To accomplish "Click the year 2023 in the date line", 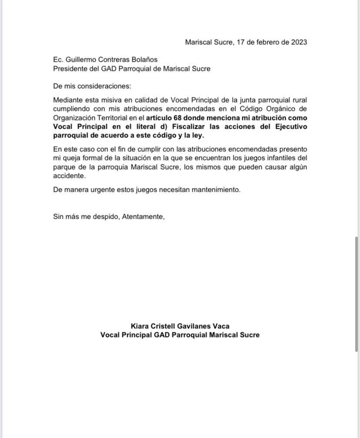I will [299, 42].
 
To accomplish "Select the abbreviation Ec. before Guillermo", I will [58, 60].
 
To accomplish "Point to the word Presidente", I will [71, 69].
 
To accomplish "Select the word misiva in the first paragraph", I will [111, 100].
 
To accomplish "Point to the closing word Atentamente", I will [143, 217].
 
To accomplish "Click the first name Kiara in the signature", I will [140, 326].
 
